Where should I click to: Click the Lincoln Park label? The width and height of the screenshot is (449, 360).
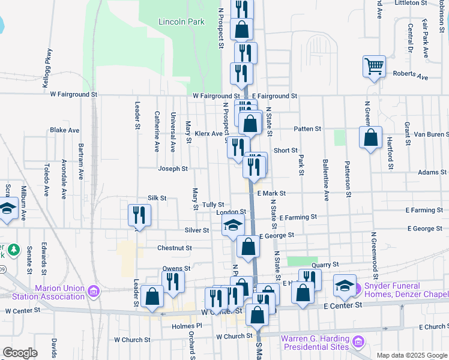pos(181,22)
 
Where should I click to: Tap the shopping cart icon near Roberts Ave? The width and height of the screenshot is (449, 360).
pos(374,66)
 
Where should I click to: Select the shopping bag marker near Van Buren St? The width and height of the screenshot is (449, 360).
pos(371,137)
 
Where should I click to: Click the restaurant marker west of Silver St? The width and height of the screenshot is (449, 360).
pos(139,215)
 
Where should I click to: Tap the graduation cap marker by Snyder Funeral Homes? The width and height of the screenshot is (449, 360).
pos(345,286)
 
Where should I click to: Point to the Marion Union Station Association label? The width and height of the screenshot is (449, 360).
pos(59,292)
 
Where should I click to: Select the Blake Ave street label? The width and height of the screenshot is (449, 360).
pos(65,130)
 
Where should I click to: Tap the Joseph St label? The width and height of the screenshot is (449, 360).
pos(173,169)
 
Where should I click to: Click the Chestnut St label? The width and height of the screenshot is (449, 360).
pos(174,248)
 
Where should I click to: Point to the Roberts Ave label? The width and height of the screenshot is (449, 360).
pos(411,77)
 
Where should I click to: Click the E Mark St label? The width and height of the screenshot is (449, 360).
pos(271,194)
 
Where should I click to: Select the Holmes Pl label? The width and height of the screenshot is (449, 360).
pos(184,326)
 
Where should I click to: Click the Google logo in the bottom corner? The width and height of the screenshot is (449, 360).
pos(20,353)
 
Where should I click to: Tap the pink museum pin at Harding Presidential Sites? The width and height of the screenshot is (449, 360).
pos(358,343)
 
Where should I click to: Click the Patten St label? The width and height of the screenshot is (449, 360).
pos(307,129)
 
